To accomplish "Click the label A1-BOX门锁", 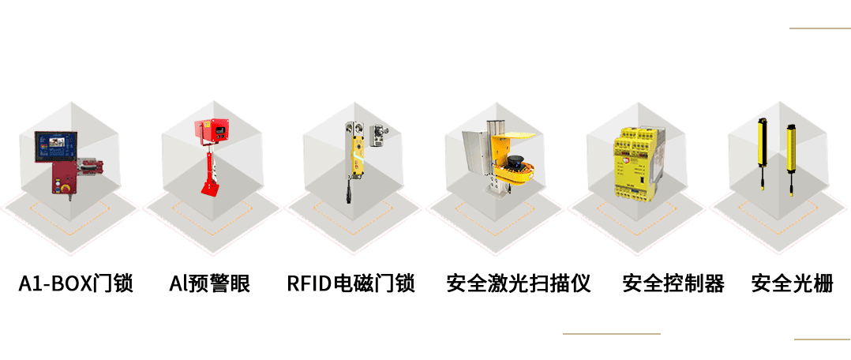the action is (76, 283).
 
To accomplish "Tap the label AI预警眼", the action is (209, 283).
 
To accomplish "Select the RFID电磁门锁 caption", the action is (351, 283).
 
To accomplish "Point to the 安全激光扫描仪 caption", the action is (519, 283).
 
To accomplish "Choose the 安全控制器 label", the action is (673, 283).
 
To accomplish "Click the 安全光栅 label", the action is (792, 283).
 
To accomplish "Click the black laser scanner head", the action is (515, 162).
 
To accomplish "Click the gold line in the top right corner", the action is (820, 28).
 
